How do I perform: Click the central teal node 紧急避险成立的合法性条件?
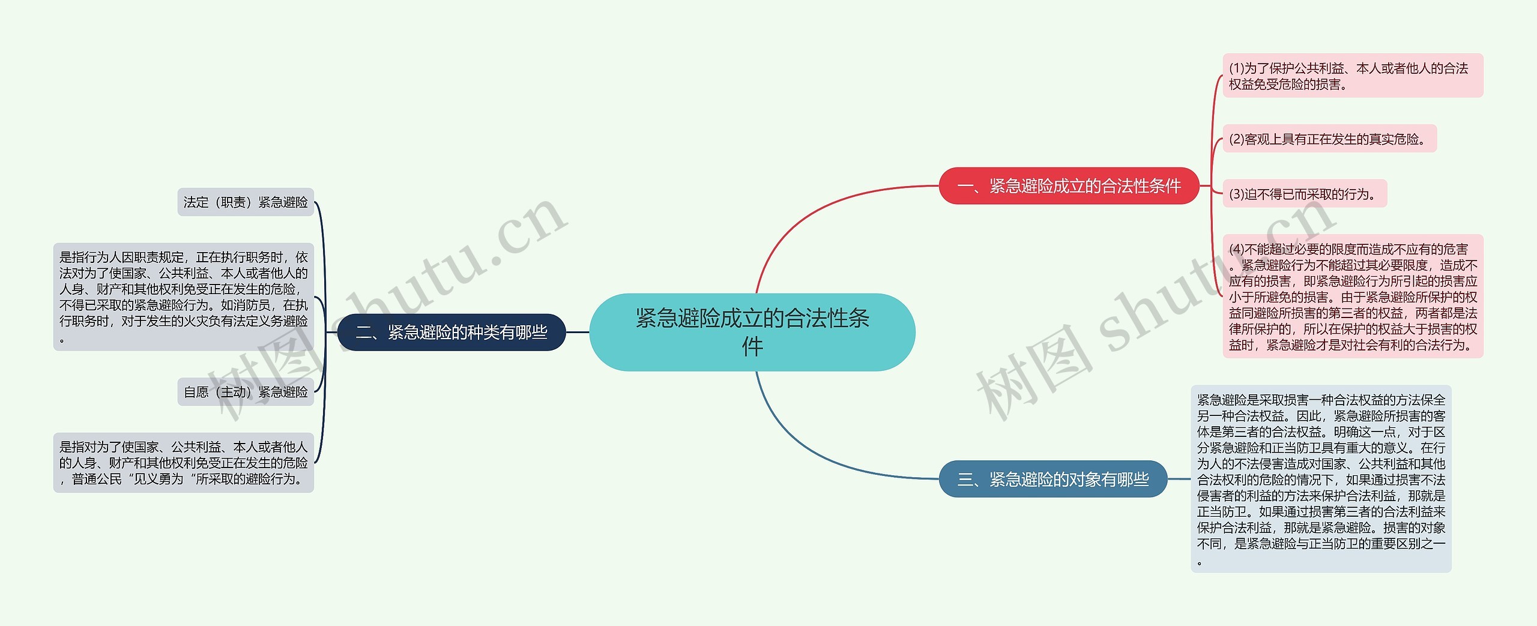point(752,332)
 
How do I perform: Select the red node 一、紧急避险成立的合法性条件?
point(1069,186)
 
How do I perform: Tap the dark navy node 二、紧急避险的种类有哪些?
point(451,332)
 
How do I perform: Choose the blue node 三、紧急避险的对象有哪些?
point(1052,479)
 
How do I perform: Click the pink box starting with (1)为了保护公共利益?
point(1353,76)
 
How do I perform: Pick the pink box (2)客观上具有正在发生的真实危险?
point(1329,139)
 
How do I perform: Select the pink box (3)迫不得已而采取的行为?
point(1305,194)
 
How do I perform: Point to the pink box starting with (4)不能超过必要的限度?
point(1353,296)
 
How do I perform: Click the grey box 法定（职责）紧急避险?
point(246,202)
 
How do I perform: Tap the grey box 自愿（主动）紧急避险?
point(246,392)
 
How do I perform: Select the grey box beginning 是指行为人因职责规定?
point(183,296)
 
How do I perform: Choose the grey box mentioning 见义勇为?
point(183,463)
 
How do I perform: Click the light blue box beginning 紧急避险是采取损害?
point(1321,479)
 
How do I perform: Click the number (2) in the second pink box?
point(1236,139)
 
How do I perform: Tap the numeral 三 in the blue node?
point(965,480)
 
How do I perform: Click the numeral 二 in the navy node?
point(364,333)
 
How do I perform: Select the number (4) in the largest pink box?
point(1236,249)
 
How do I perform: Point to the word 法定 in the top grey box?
point(196,202)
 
